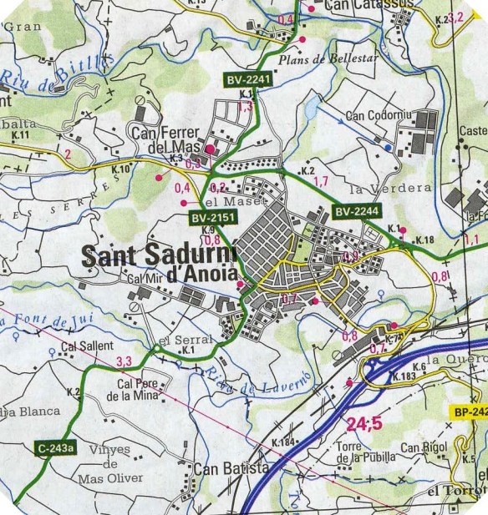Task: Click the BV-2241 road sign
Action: pyautogui.click(x=248, y=79)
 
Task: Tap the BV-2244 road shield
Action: pyautogui.click(x=356, y=213)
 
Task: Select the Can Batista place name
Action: pyautogui.click(x=231, y=468)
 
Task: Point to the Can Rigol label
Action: pyautogui.click(x=424, y=448)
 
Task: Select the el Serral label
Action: pyautogui.click(x=180, y=339)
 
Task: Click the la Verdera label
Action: pyautogui.click(x=379, y=188)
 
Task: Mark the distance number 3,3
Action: pyautogui.click(x=125, y=361)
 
